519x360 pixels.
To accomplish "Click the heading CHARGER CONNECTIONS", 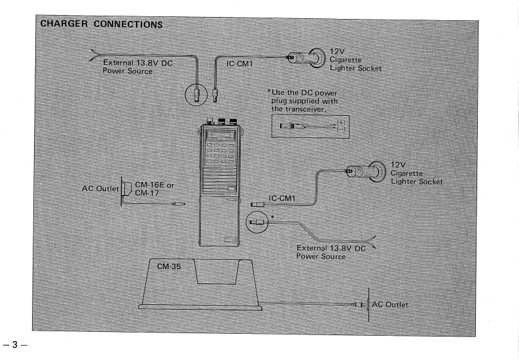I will [101, 24].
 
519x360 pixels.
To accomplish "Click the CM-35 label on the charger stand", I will [169, 267].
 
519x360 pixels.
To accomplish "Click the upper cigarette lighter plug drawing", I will [308, 58].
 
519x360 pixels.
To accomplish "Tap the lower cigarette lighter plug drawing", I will [367, 171].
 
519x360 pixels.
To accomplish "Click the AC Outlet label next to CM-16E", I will [99, 189].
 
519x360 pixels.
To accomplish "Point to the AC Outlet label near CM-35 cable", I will [390, 304].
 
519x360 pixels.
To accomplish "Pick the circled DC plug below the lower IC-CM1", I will [257, 222].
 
